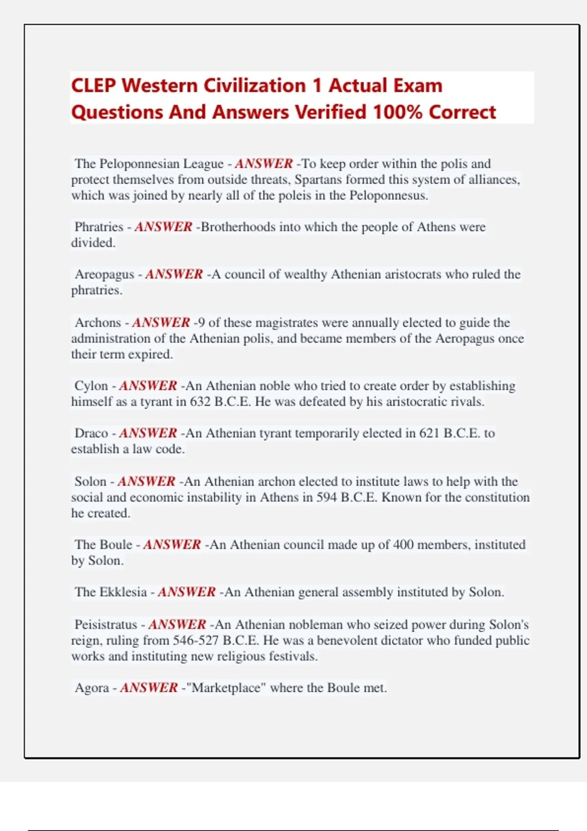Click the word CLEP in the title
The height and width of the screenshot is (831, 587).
(x=93, y=86)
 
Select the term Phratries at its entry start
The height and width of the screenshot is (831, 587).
(x=99, y=227)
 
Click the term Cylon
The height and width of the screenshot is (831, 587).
(x=91, y=386)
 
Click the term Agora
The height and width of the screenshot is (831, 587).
(x=91, y=688)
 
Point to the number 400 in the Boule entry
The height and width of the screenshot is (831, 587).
(x=403, y=545)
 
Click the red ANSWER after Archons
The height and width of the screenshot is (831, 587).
(x=161, y=323)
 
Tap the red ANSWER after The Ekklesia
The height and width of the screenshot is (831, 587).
(x=186, y=592)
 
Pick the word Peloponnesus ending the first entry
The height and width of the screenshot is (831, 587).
(x=388, y=196)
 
